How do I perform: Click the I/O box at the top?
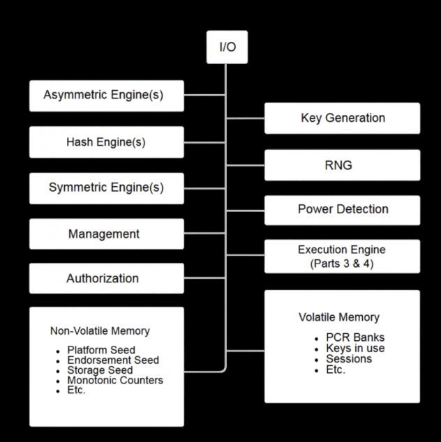[227, 47]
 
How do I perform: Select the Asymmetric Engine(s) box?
[107, 96]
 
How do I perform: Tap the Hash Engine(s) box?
[107, 142]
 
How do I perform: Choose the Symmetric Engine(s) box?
[107, 188]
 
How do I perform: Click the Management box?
[107, 234]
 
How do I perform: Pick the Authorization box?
[107, 278]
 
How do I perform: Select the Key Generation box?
[342, 118]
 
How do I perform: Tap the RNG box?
[342, 165]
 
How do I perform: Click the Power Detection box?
[342, 209]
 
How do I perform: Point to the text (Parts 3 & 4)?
[342, 262]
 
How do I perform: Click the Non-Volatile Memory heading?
[100, 330]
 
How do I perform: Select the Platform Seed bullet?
[101, 350]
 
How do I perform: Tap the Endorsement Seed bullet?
[113, 360]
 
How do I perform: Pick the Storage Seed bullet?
[100, 370]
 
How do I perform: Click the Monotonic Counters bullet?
[115, 381]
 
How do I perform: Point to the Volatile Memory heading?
[339, 318]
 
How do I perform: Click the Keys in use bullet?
[355, 349]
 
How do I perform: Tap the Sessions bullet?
[349, 359]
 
